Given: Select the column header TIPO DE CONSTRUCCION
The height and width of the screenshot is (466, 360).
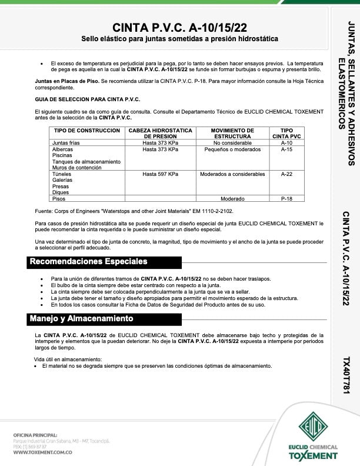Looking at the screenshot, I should coord(86,130).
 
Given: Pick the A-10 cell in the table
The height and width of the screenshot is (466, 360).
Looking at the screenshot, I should coord(286,143).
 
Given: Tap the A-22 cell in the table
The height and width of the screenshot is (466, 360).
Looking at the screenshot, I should coord(286,174).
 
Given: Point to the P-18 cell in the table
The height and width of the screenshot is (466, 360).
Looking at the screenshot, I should coord(286,199).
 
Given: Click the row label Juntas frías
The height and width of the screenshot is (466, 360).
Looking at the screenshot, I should coord(66,143).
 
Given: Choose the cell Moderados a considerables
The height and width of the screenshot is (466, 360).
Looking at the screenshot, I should coord(232,174).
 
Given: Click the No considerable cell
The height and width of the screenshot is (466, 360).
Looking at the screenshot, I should coord(232,143).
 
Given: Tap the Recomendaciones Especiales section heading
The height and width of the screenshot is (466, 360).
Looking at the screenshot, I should coord(88,261).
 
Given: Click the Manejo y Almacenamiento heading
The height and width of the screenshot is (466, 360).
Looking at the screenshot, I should coord(81,318).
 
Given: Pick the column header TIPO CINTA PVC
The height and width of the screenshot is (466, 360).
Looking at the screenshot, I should coord(286,133).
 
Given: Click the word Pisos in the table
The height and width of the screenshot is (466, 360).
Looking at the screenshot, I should coord(59,199).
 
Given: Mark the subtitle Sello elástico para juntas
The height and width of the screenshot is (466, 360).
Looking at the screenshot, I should coord(179,39).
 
